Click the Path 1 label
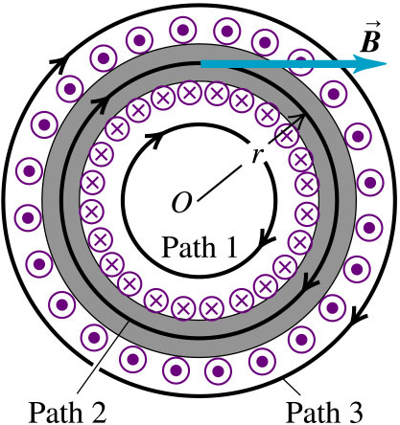click(x=200, y=247)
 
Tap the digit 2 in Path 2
click(x=98, y=412)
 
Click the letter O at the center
click(x=182, y=203)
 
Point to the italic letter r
click(x=256, y=156)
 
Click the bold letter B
click(x=370, y=41)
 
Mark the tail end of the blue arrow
click(x=200, y=64)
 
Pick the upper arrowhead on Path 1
click(x=153, y=139)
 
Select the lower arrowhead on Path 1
click(x=266, y=241)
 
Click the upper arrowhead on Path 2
click(x=100, y=102)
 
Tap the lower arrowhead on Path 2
click(x=310, y=282)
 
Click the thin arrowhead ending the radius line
click(x=300, y=118)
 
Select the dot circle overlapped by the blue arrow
click(x=300, y=61)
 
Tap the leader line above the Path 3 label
click(x=293, y=387)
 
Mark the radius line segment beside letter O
click(x=220, y=183)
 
